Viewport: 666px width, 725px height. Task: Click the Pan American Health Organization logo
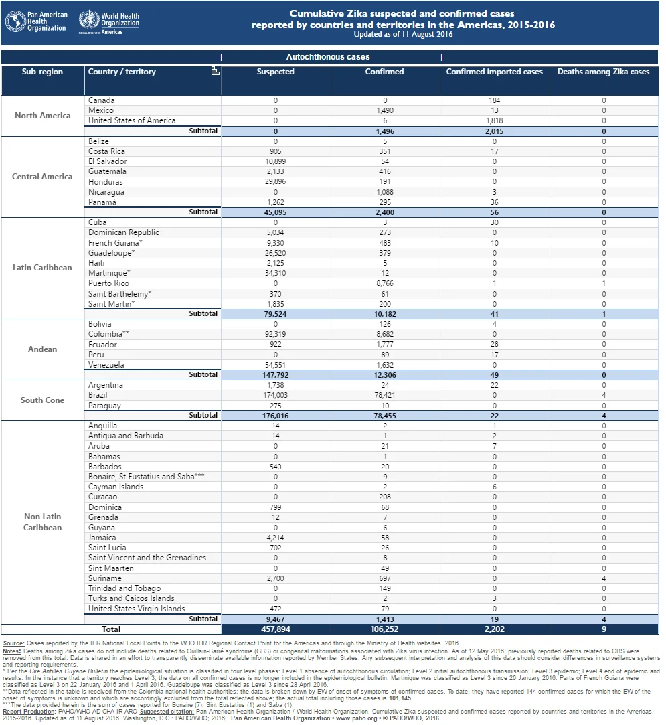pyautogui.click(x=36, y=21)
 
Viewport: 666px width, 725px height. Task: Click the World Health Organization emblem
pyautogui.click(x=89, y=19)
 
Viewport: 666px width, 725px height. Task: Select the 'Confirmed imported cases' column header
pyautogui.click(x=494, y=72)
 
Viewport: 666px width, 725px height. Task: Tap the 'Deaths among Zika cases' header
pyautogui.click(x=603, y=72)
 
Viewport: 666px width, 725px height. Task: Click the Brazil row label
pyautogui.click(x=98, y=395)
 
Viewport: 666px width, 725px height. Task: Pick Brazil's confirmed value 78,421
pyautogui.click(x=384, y=396)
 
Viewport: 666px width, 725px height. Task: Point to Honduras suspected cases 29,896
pyautogui.click(x=276, y=181)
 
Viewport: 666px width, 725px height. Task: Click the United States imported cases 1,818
pyautogui.click(x=494, y=120)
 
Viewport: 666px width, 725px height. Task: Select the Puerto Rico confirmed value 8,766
pyautogui.click(x=384, y=283)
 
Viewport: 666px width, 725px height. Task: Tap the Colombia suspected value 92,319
pyautogui.click(x=276, y=334)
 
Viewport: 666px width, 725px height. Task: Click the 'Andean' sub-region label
pyautogui.click(x=43, y=349)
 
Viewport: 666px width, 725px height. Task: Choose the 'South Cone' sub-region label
pyautogui.click(x=43, y=400)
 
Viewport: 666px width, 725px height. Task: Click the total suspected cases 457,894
pyautogui.click(x=276, y=629)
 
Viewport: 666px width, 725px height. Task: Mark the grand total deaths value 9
pyautogui.click(x=604, y=629)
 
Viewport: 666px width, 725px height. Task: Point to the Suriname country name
pyautogui.click(x=105, y=578)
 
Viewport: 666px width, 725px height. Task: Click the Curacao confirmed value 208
pyautogui.click(x=384, y=497)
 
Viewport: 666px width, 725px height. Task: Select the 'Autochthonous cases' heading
pyautogui.click(x=328, y=57)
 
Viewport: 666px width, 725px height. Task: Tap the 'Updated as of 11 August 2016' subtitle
pyautogui.click(x=403, y=35)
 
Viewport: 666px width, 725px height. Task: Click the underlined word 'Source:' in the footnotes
pyautogui.click(x=13, y=643)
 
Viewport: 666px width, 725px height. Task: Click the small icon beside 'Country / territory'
pyautogui.click(x=215, y=71)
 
